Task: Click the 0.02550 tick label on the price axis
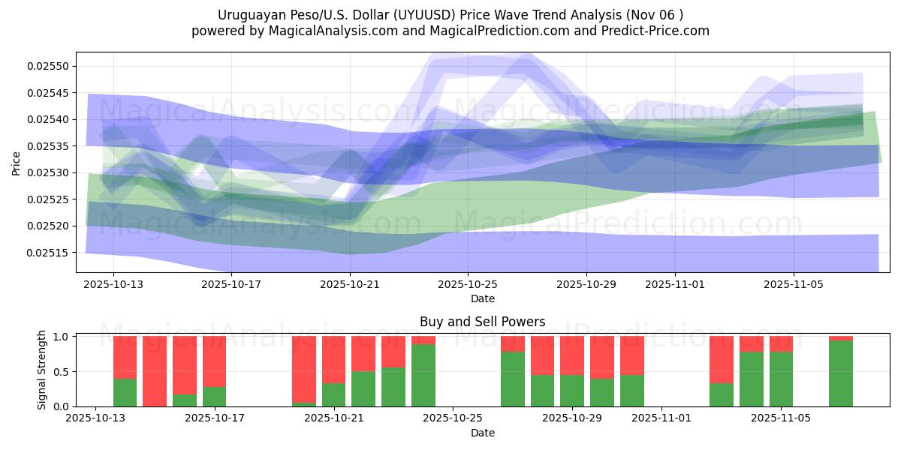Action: [47, 66]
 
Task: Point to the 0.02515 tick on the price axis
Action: [47, 252]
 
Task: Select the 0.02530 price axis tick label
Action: [47, 172]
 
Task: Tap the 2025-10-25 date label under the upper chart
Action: [468, 284]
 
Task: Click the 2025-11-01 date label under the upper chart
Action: [674, 284]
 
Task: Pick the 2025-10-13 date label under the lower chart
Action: [95, 418]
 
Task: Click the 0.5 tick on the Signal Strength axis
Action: [62, 371]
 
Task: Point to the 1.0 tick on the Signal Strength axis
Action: [62, 337]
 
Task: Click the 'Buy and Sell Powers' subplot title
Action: [482, 322]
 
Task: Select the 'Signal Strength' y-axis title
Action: [42, 370]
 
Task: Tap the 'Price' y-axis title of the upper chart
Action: [17, 162]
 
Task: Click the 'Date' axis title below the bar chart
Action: [482, 433]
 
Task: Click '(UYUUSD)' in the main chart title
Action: [414, 14]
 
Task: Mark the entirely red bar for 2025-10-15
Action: [155, 371]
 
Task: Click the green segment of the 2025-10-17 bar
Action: [214, 397]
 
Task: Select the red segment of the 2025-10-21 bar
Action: [333, 360]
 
